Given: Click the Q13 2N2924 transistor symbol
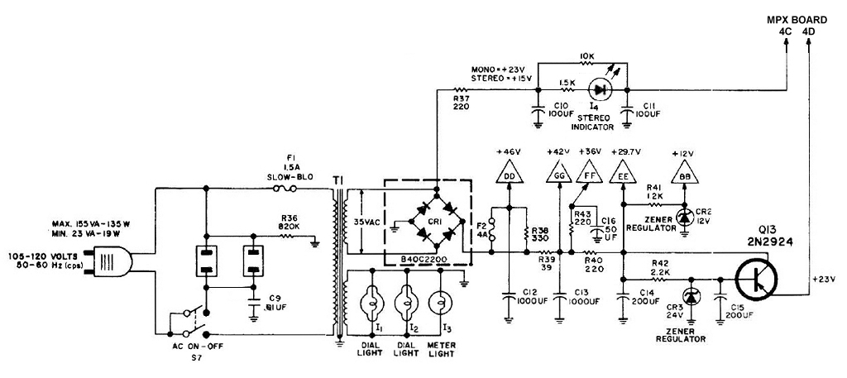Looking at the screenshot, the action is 757,280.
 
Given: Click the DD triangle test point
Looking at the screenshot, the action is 509,172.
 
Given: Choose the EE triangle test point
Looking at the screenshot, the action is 624,172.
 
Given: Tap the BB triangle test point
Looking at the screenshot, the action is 684,172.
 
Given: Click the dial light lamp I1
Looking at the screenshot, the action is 371,299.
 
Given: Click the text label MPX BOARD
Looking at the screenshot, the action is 797,20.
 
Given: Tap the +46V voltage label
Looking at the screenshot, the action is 509,151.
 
